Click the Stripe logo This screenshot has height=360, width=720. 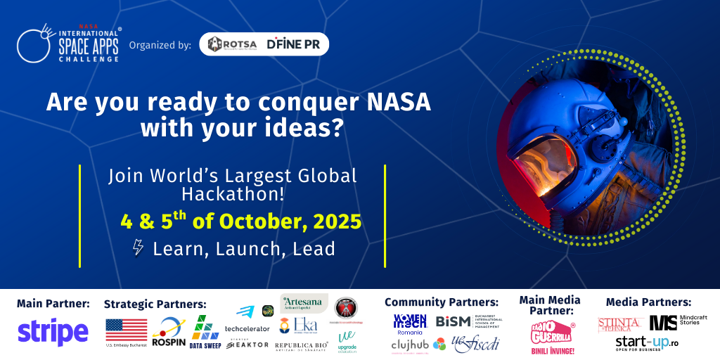pos(53,332)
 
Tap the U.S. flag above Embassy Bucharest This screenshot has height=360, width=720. pos(127,329)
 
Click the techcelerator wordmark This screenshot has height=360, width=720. pos(247,328)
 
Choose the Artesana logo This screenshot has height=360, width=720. pos(304,303)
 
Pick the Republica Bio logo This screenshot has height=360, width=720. pos(302,345)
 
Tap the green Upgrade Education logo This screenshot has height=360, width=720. pos(347,340)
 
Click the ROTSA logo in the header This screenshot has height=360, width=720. pos(232,44)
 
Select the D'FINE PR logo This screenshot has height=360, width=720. pos(294,44)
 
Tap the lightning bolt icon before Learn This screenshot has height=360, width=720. pos(139,248)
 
